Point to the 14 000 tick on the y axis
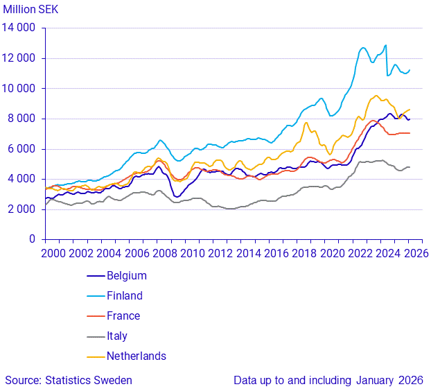pos(21,28)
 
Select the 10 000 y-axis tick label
pos(21,89)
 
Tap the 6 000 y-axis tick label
pos(24,149)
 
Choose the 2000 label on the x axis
pos(53,254)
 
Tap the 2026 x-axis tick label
pos(414,254)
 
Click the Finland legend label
pos(124,296)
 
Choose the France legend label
pos(123,316)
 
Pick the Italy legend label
pos(118,336)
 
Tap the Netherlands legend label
pos(136,356)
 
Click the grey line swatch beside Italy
pos(95,336)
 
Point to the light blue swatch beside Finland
pos(95,296)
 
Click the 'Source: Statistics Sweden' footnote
pos(69,380)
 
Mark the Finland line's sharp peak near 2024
pos(385,46)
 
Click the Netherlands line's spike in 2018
pos(306,123)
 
